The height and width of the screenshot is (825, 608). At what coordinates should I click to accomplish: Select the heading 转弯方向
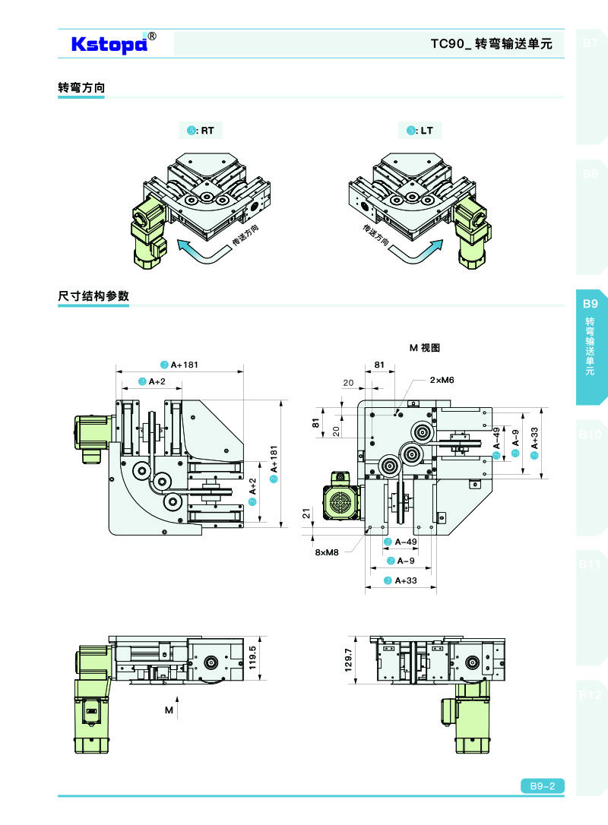pos(81,88)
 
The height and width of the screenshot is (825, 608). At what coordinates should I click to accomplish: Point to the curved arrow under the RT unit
pos(198,251)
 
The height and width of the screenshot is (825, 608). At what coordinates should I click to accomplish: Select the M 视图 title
pos(425,348)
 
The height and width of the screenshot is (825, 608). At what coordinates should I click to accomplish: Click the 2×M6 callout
pos(442,378)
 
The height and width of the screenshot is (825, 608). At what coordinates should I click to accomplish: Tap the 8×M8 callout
pos(327,552)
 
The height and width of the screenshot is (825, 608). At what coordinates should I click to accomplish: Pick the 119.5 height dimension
pos(263,656)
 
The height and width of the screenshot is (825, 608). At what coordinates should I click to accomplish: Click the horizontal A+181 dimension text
pos(184,365)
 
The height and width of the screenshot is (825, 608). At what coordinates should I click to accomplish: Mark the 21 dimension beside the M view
pos(307,514)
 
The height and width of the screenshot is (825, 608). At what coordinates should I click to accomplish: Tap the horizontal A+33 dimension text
pos(406,580)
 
